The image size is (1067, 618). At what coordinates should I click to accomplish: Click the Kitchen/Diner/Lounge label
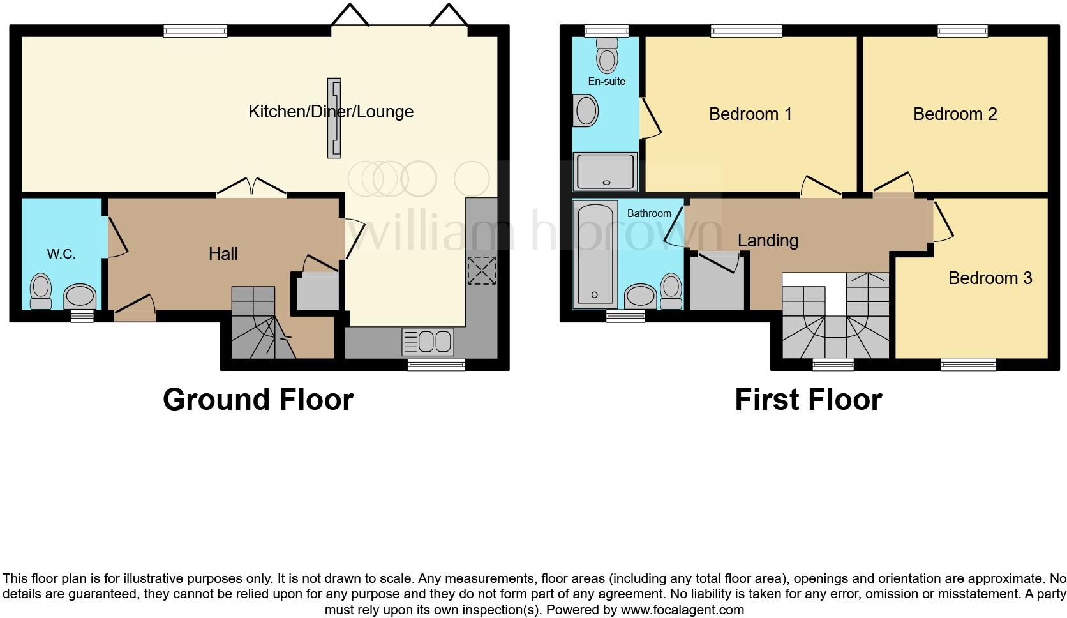coord(331,112)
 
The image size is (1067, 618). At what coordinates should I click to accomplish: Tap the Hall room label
coord(223,253)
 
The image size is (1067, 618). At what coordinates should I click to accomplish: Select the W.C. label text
coord(61,253)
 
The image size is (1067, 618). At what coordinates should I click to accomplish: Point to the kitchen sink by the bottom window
coord(428,342)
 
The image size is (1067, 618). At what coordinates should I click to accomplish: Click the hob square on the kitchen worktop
coord(481,270)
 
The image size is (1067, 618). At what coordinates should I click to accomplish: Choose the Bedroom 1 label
coord(750,114)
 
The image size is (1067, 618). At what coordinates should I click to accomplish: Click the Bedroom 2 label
coord(955,114)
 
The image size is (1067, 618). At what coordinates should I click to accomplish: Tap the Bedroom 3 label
coord(990,278)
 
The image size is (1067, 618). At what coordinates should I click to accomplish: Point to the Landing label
coord(768,241)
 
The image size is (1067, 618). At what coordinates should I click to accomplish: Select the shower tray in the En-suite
coord(606,171)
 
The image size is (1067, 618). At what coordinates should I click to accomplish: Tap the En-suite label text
coord(606,81)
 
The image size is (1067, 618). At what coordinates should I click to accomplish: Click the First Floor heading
coord(808,400)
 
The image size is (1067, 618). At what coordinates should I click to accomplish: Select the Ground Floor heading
coord(258,400)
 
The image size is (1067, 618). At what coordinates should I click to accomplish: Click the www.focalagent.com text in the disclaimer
coord(682,610)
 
